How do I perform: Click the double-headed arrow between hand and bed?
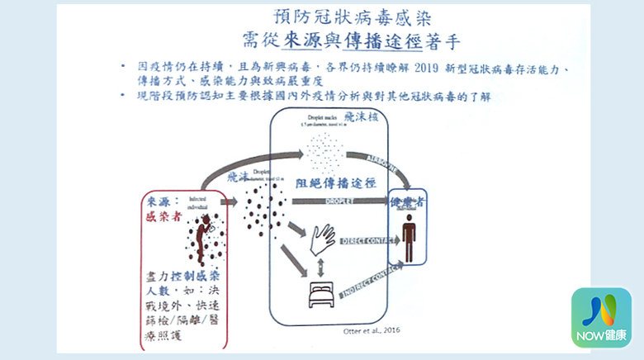tap(320, 266)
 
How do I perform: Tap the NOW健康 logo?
tap(601, 317)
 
